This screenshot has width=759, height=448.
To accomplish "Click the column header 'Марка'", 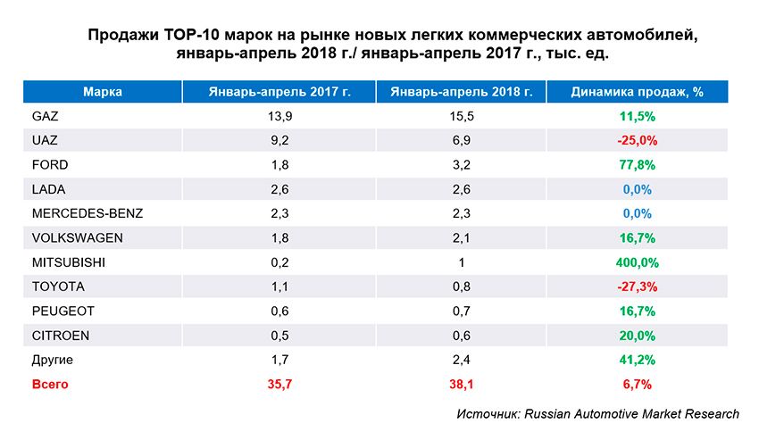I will (102, 92).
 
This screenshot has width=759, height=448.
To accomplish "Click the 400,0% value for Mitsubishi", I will (638, 262).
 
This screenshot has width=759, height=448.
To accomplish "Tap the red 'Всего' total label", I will (50, 384).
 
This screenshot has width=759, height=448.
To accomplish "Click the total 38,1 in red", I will (462, 384).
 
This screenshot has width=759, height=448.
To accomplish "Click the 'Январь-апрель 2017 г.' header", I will (280, 92).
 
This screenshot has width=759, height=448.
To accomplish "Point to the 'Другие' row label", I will (52, 360).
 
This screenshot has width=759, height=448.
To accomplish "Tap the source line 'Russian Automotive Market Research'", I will (631, 414).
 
